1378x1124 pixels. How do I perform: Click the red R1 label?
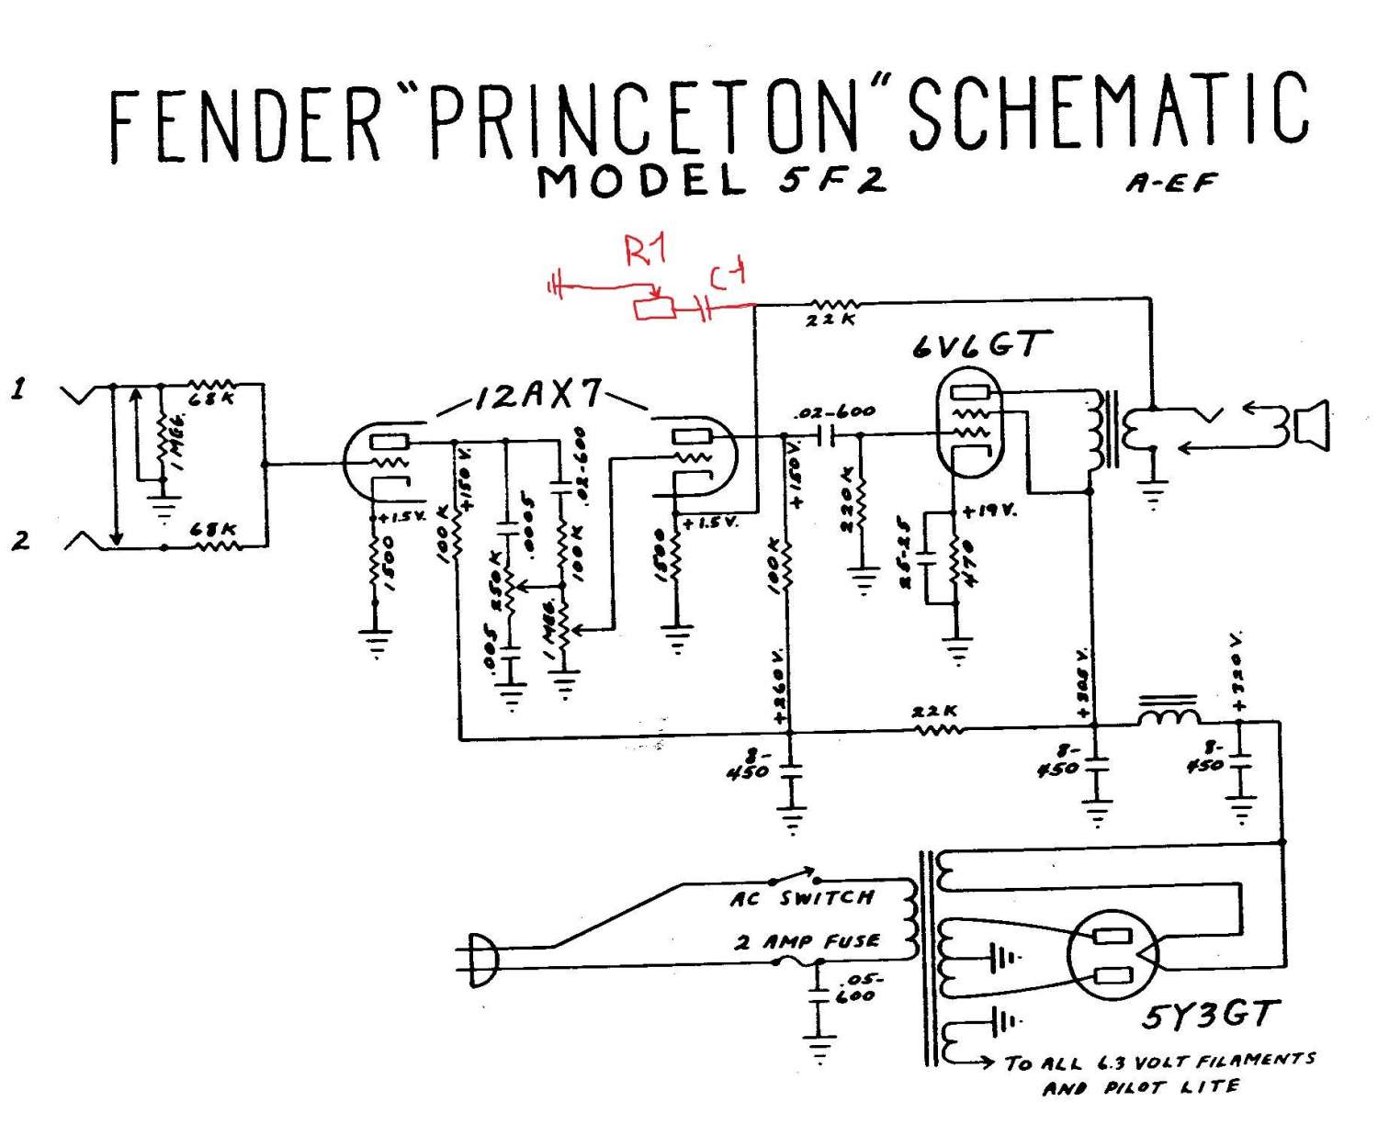pos(645,250)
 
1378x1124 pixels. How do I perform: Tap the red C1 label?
pos(728,275)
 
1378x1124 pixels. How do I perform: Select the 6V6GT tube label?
pos(978,345)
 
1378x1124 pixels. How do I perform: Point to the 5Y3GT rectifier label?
pos(1210,1016)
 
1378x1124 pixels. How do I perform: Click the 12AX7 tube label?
pos(539,395)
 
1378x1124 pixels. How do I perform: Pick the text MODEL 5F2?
pos(712,180)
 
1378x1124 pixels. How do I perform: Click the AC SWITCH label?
pos(801,898)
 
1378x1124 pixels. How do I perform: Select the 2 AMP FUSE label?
pos(807,942)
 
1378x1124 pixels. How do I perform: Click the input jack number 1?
pos(18,389)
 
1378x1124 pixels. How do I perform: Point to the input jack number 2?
pos(20,540)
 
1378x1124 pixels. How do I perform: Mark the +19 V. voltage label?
pos(988,511)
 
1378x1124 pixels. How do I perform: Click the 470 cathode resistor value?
pos(968,564)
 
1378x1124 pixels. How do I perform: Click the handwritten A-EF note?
pos(1170,183)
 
